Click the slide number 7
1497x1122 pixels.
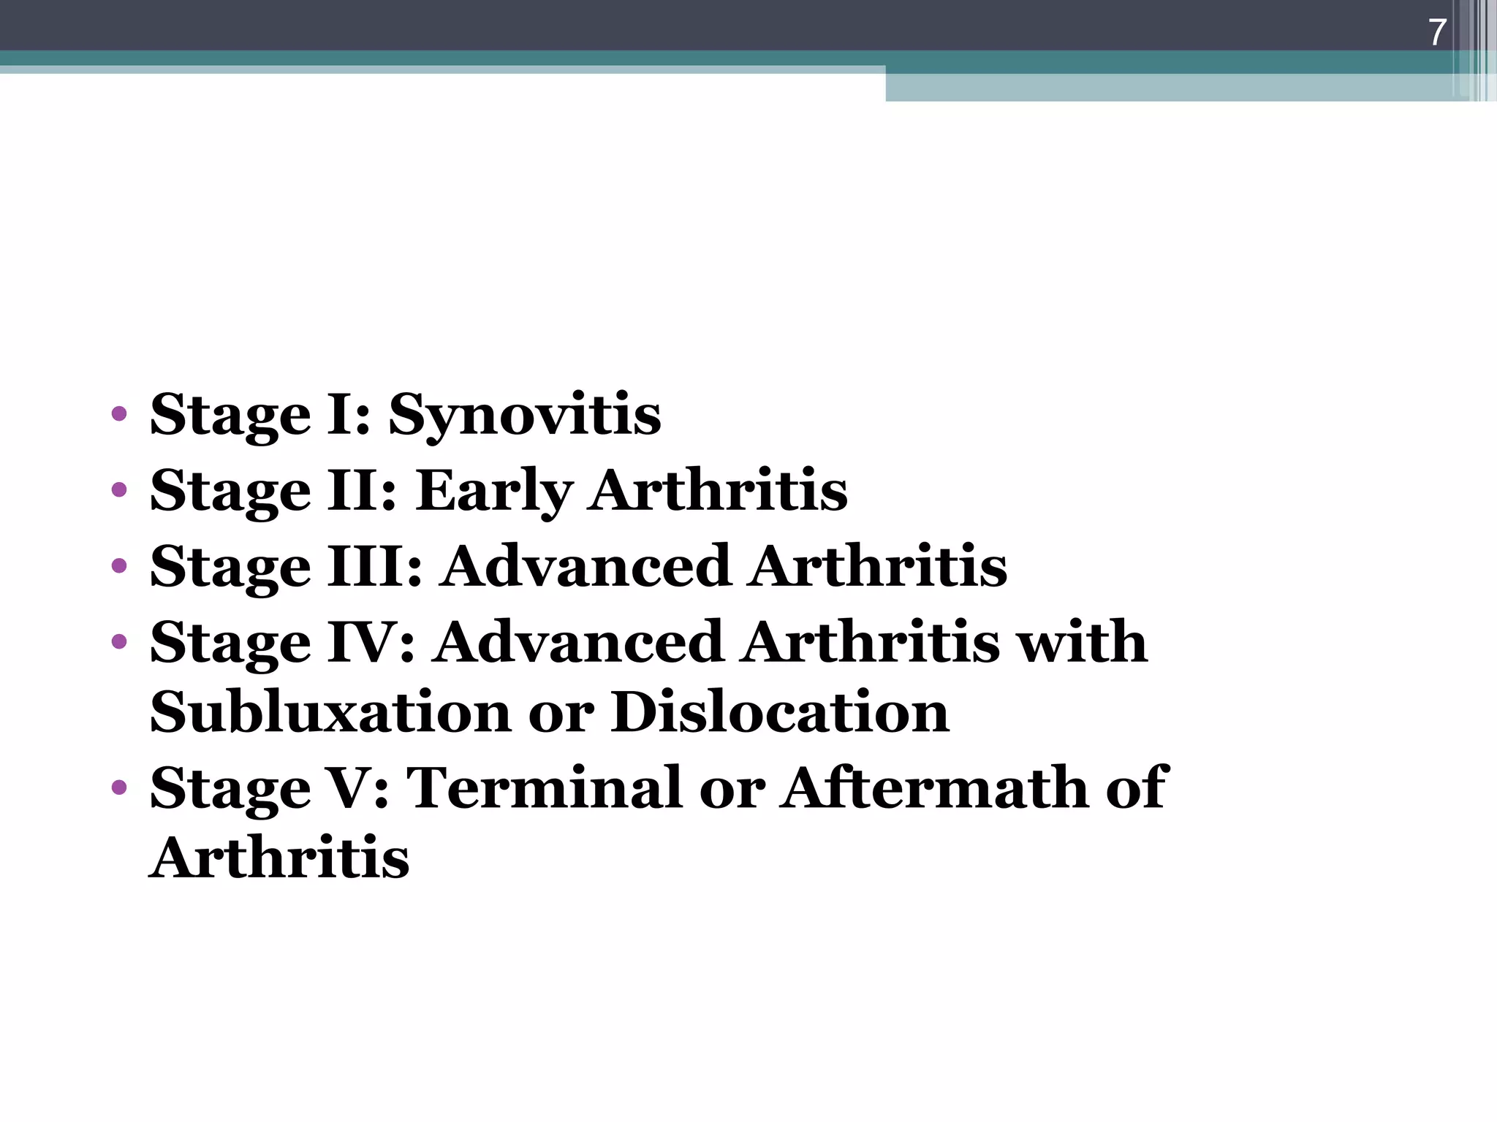pyautogui.click(x=1437, y=33)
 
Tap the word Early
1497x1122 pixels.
pyautogui.click(x=494, y=491)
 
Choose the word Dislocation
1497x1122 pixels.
pyautogui.click(x=780, y=712)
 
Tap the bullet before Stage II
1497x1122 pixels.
pyautogui.click(x=119, y=491)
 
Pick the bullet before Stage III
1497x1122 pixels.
pyautogui.click(x=119, y=566)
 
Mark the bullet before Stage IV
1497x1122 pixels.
pyautogui.click(x=119, y=642)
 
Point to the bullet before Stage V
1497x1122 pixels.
pyautogui.click(x=119, y=788)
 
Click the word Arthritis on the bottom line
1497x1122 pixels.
pyautogui.click(x=279, y=858)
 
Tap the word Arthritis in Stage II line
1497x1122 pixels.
pyautogui.click(x=719, y=491)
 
